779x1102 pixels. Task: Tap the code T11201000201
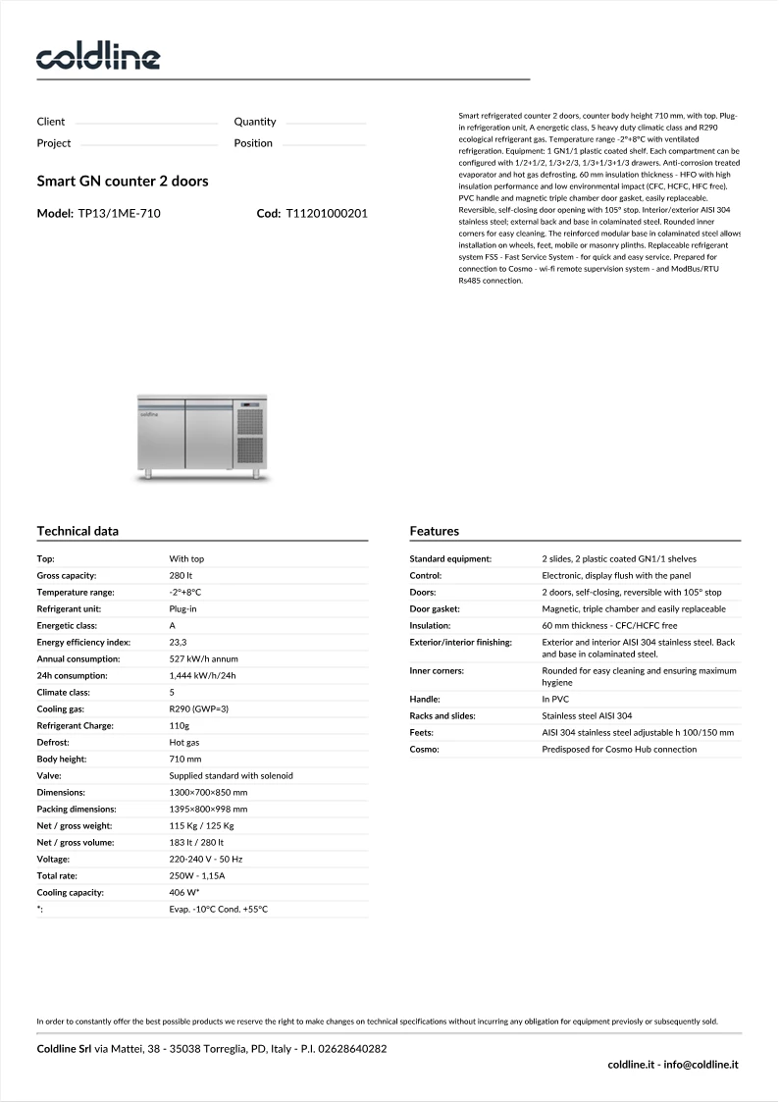(x=326, y=213)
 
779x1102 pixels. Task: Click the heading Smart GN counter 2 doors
(x=123, y=182)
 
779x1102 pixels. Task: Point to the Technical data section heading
(x=78, y=531)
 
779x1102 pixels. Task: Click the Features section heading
(x=434, y=531)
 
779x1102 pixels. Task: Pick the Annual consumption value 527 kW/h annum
(x=203, y=658)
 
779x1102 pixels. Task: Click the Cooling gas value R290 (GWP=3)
(x=198, y=708)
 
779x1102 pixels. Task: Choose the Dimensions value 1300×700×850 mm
(x=208, y=792)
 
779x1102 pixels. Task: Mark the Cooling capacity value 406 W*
(x=184, y=893)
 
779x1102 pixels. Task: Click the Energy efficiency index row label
(x=83, y=642)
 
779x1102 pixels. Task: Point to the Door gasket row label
(x=435, y=608)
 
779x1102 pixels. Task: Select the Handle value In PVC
(x=555, y=699)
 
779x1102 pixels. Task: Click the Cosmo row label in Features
(x=424, y=749)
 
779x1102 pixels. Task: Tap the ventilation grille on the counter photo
(x=251, y=435)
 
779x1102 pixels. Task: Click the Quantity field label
(x=255, y=122)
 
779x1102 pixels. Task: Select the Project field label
(x=54, y=143)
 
